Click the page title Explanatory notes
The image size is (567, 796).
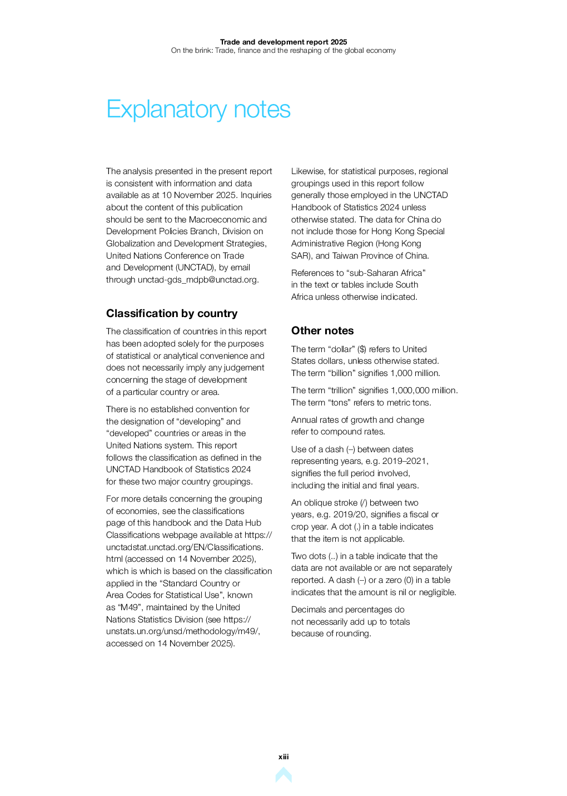[198, 110]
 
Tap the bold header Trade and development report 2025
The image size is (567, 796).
[283, 42]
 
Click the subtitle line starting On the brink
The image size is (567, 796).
[283, 51]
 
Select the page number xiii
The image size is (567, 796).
[283, 757]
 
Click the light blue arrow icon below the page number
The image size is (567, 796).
[283, 775]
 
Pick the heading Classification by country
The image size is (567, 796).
[172, 314]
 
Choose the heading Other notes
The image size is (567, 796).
[322, 331]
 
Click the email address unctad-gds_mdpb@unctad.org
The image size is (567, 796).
[198, 280]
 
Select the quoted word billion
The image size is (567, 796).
[344, 373]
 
